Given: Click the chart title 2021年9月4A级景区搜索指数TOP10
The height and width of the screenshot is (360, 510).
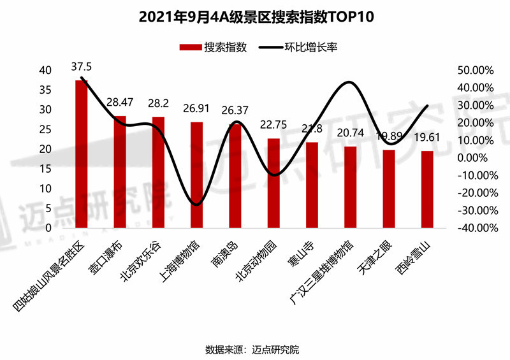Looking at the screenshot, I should [256, 17].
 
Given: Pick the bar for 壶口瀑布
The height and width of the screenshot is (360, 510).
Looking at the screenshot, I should [120, 172].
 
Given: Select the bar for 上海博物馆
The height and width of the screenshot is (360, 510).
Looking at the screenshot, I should [197, 175].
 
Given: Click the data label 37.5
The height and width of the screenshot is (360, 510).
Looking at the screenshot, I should [82, 67].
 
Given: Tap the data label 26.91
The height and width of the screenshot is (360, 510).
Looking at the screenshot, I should [197, 109].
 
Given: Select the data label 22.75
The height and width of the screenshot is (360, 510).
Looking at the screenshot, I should [273, 126].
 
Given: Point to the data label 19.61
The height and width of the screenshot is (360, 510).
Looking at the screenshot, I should [427, 138].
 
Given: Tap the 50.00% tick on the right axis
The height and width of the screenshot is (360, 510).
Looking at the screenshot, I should [476, 70].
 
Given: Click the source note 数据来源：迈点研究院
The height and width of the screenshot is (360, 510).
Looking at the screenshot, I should [255, 349].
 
